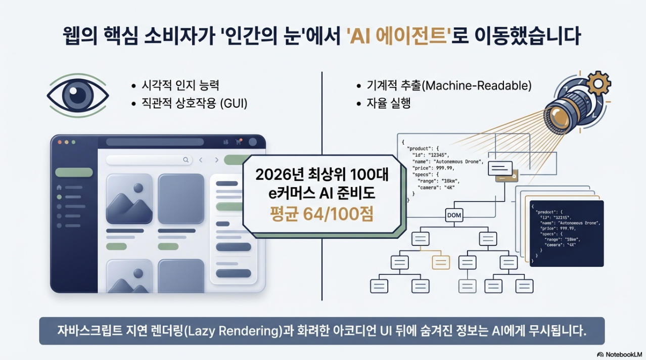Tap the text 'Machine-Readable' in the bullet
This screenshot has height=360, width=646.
(476, 86)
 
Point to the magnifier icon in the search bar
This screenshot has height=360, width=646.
(186, 160)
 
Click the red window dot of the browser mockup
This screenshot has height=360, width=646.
(59, 143)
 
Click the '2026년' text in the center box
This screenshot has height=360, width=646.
(276, 174)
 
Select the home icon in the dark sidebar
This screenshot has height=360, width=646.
(59, 188)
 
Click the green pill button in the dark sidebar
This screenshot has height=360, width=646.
(74, 172)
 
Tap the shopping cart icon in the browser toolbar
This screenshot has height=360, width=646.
(239, 143)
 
